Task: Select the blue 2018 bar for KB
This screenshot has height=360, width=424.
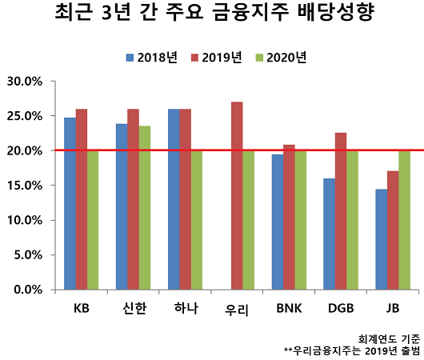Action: [x=70, y=203]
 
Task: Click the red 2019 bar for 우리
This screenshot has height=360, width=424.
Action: [x=237, y=195]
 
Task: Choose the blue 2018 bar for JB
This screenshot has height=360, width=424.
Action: [x=382, y=239]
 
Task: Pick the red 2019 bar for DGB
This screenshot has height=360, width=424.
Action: [x=341, y=210]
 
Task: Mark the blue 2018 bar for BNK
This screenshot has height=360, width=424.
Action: [x=278, y=222]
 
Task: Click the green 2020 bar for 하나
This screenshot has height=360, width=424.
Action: [x=197, y=219]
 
